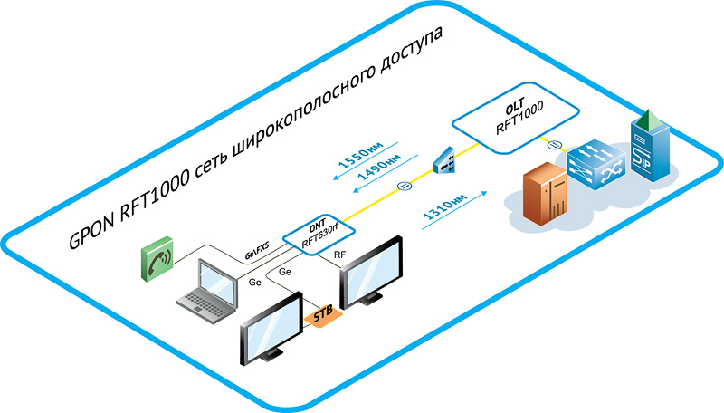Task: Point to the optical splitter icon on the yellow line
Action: pyautogui.click(x=445, y=161)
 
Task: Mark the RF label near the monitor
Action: pyautogui.click(x=338, y=256)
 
